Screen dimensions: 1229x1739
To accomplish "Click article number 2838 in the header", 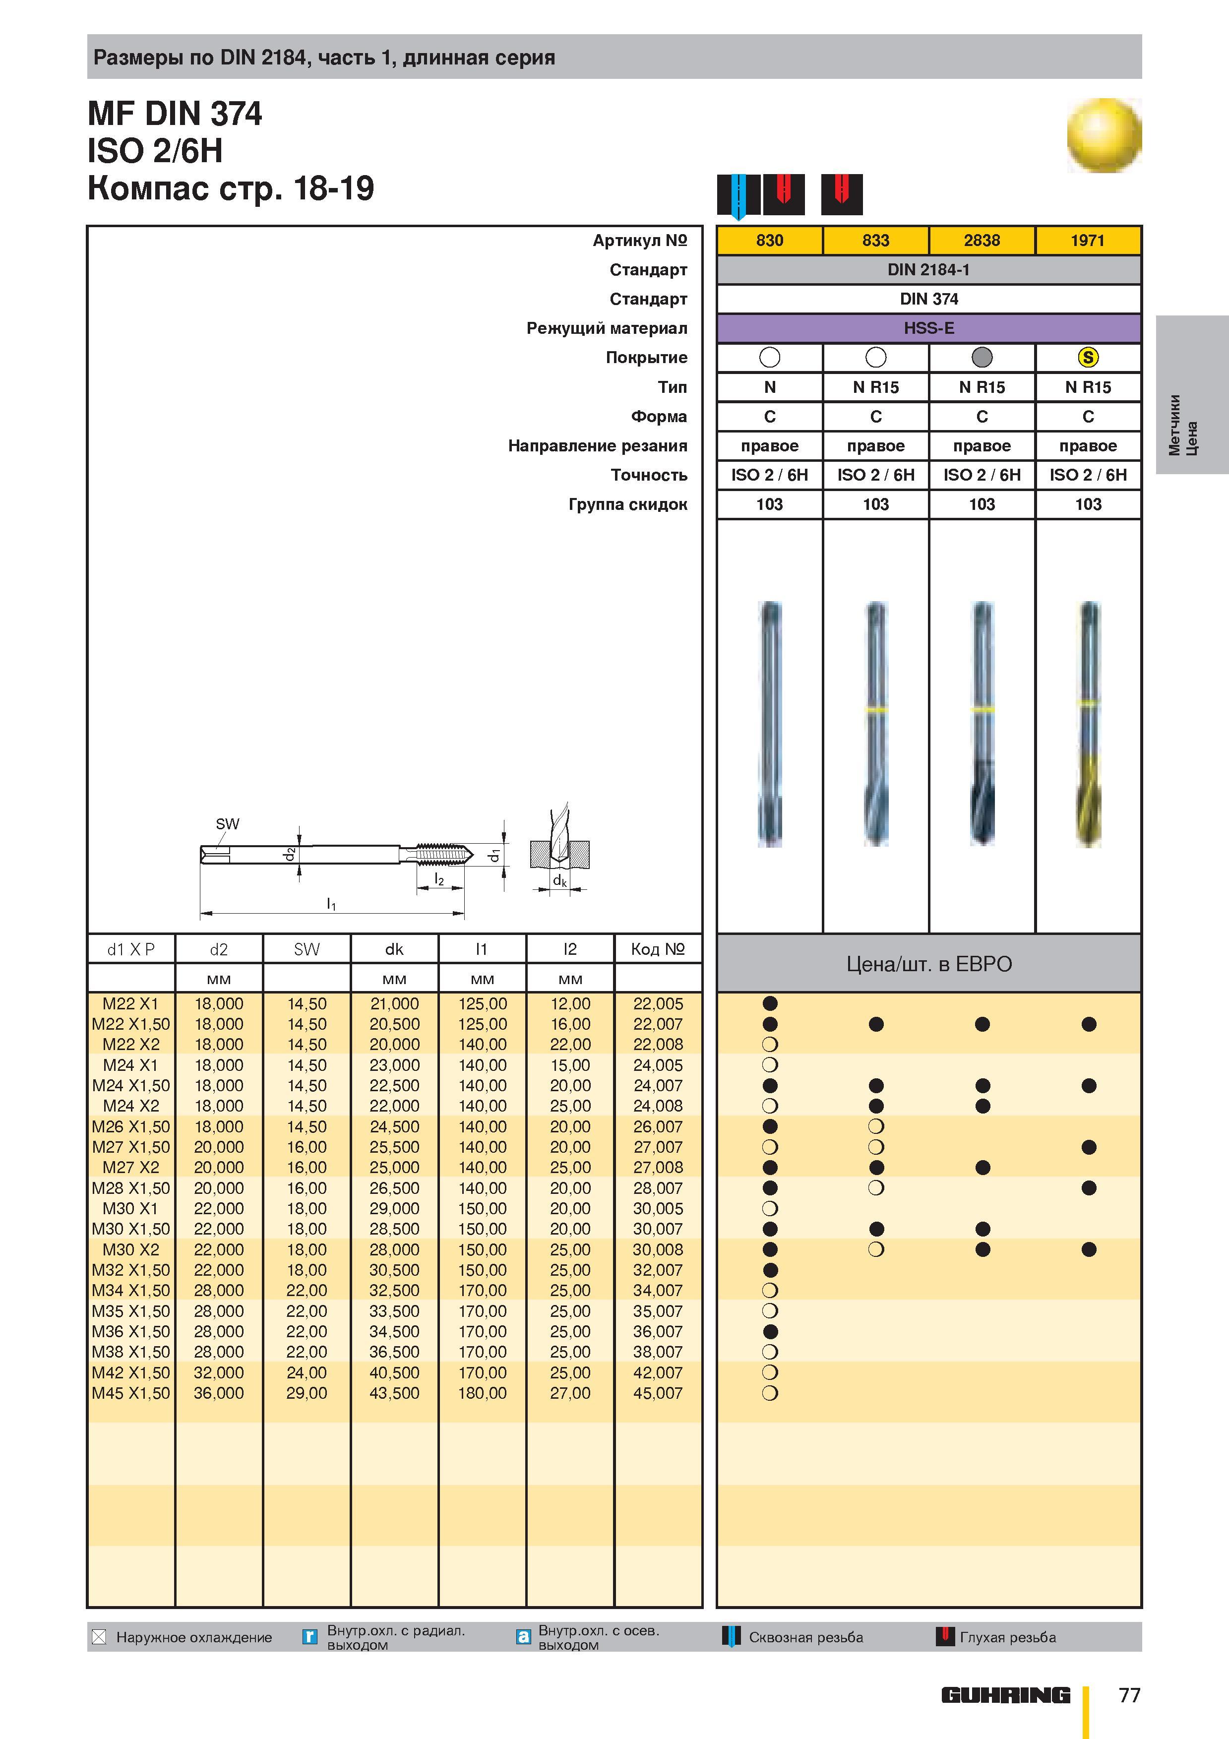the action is pyautogui.click(x=982, y=240).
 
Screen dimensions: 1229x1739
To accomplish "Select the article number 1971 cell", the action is pyautogui.click(x=1088, y=240).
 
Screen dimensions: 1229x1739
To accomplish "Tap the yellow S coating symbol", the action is pyautogui.click(x=1088, y=358).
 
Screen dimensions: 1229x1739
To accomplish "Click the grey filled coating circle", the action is pyautogui.click(x=982, y=358).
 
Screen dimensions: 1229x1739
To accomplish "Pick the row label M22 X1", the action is pyautogui.click(x=131, y=1003).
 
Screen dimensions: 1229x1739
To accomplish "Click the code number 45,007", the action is pyautogui.click(x=658, y=1393).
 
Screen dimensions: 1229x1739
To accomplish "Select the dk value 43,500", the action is pyautogui.click(x=394, y=1393).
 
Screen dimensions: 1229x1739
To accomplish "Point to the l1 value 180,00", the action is pyautogui.click(x=483, y=1393).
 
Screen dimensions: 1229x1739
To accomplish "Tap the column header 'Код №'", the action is pyautogui.click(x=658, y=949).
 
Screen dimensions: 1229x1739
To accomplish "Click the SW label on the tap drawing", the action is pyautogui.click(x=227, y=824).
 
